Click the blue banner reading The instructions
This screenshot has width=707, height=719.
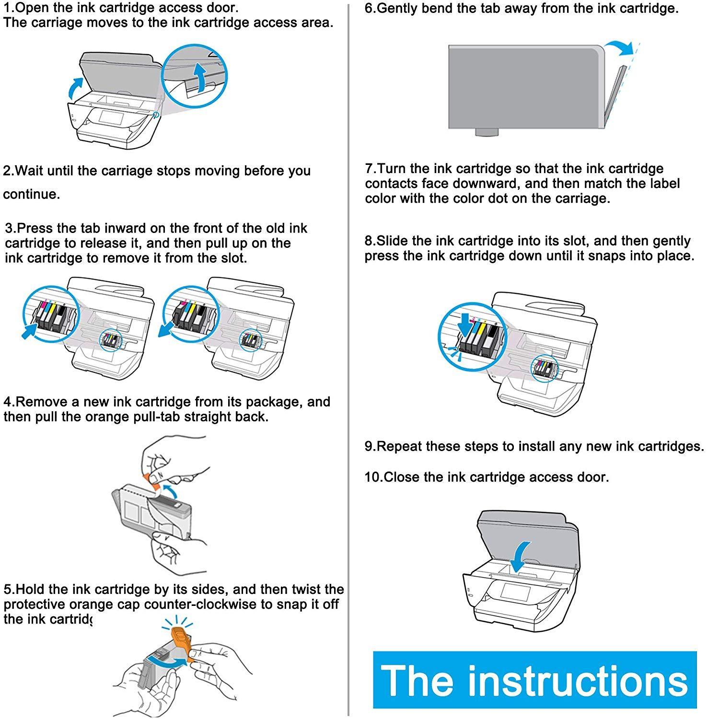pyautogui.click(x=534, y=680)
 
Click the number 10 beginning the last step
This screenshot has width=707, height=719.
pyautogui.click(x=372, y=477)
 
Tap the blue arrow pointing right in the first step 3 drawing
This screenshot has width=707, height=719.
pyautogui.click(x=30, y=331)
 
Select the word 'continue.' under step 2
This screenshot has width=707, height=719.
pyautogui.click(x=32, y=195)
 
